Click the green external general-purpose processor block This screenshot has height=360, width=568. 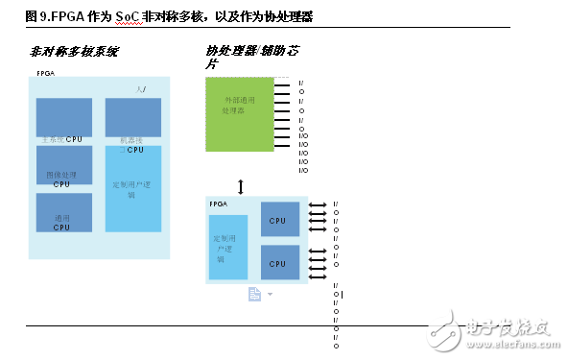coord(239,114)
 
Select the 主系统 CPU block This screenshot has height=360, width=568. coord(63,118)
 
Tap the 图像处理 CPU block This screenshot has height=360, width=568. coord(63,164)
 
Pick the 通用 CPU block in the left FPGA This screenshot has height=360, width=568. coord(63,212)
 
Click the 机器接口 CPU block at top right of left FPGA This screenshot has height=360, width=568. coord(132,118)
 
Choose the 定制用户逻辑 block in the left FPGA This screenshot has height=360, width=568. coord(132,187)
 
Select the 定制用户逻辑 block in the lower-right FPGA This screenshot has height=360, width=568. coord(227,247)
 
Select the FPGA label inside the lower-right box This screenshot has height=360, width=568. coord(218,204)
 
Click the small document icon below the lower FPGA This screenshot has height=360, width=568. coord(255,294)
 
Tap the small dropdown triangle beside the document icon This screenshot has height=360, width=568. coord(271,294)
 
